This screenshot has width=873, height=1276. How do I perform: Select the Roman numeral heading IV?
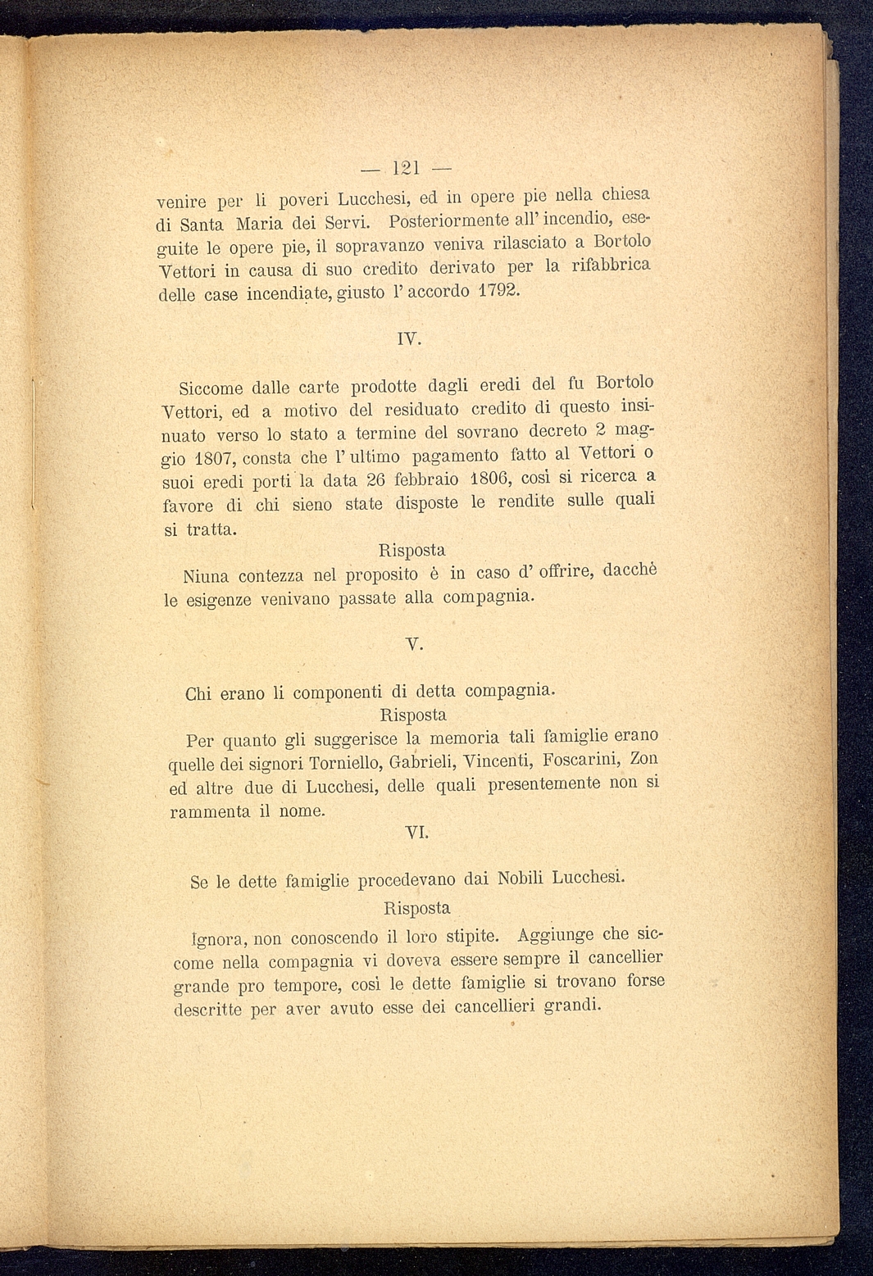coord(407,338)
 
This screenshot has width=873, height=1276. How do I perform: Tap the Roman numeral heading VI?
coord(416,833)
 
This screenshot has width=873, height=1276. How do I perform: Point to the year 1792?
coord(498,291)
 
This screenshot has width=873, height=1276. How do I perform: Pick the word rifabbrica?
coord(611,266)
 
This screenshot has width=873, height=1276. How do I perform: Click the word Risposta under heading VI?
coord(416,908)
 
